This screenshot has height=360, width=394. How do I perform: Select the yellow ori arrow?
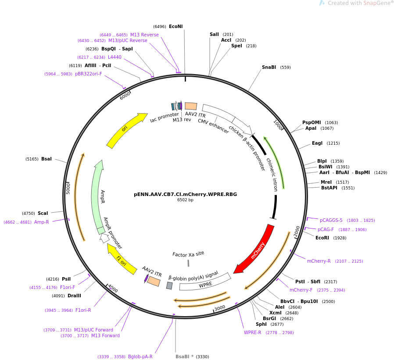pyautogui.click(x=125, y=129)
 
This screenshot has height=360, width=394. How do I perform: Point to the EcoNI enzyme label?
pyautogui.click(x=176, y=26)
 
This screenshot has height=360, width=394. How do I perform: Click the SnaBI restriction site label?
pyautogui.click(x=269, y=67)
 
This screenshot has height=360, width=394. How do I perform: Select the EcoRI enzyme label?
pyautogui.click(x=322, y=238)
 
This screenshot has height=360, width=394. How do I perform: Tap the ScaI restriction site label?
pyautogui.click(x=43, y=213)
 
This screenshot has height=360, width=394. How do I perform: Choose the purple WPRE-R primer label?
pyautogui.click(x=253, y=332)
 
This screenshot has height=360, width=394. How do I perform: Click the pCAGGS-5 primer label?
pyautogui.click(x=331, y=220)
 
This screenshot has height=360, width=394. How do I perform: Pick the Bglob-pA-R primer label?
pyautogui.click(x=140, y=356)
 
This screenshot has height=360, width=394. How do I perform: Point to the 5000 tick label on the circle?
pyautogui.click(x=68, y=188)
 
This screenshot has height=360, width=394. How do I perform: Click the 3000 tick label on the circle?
pyautogui.click(x=220, y=308)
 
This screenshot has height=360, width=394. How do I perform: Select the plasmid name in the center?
pyautogui.click(x=186, y=194)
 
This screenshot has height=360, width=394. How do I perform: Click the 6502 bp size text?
pyautogui.click(x=186, y=200)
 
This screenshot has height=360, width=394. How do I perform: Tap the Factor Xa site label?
pyautogui.click(x=188, y=254)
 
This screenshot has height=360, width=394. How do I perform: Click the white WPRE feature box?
pyautogui.click(x=205, y=282)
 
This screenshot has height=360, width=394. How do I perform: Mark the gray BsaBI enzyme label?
pyautogui.click(x=183, y=356)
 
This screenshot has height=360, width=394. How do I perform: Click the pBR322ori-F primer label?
pyautogui.click(x=89, y=74)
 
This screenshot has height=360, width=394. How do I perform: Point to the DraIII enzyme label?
pyautogui.click(x=75, y=296)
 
